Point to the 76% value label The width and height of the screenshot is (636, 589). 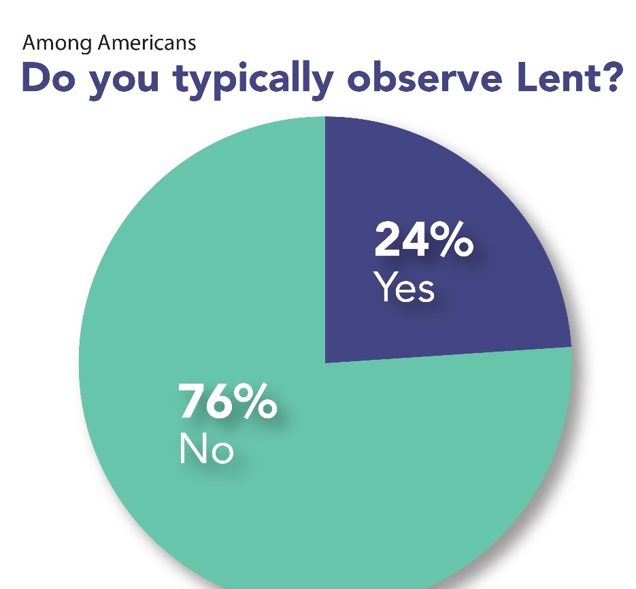pyautogui.click(x=227, y=403)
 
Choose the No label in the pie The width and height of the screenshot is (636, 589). pyautogui.click(x=206, y=450)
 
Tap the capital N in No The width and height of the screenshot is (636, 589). pyautogui.click(x=193, y=450)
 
